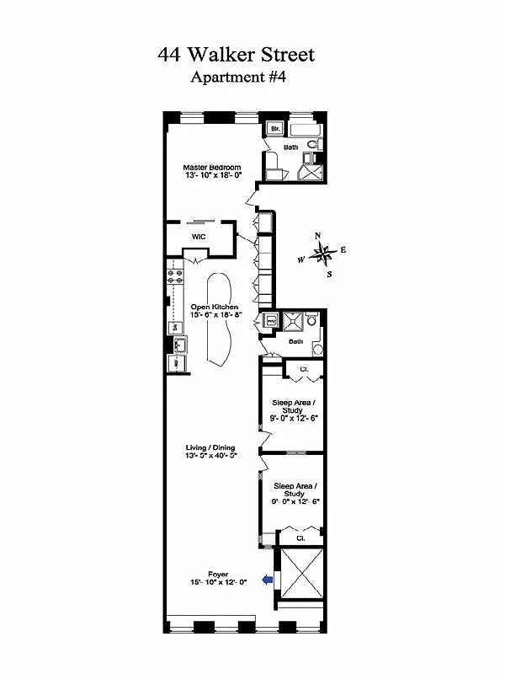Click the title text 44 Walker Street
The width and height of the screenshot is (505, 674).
[236, 56]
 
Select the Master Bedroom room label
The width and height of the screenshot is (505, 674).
[212, 168]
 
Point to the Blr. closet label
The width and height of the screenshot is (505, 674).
[274, 129]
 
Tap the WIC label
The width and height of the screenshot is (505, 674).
[199, 237]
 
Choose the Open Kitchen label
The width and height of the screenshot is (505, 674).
[214, 307]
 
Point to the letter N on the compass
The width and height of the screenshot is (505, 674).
[318, 236]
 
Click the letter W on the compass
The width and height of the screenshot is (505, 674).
[300, 259]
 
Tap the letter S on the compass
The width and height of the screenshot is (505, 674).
[329, 275]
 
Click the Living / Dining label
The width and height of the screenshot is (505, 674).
[210, 448]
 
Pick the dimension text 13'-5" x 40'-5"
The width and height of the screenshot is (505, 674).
[210, 456]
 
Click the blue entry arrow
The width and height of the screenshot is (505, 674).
[267, 579]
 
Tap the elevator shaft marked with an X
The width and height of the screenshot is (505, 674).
[300, 572]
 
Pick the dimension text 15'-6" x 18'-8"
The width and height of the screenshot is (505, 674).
[215, 314]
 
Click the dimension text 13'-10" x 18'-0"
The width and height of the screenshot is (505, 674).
[212, 175]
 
